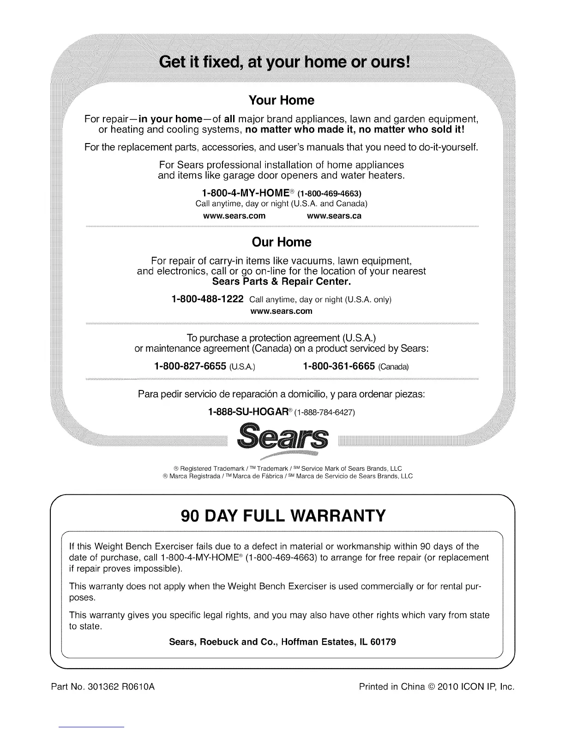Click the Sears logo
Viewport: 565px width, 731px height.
[282, 440]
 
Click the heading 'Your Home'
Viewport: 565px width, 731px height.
[282, 100]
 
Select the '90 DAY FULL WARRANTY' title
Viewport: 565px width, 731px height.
[282, 515]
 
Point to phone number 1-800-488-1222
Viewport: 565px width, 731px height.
[207, 299]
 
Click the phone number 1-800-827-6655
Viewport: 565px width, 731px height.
[190, 366]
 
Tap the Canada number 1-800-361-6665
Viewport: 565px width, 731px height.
[339, 366]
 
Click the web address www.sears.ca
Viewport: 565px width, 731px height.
[334, 216]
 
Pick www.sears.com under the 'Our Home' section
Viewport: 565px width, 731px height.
[281, 311]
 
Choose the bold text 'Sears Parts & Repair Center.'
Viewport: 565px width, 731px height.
[282, 281]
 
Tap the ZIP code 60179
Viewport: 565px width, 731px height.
[384, 642]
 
